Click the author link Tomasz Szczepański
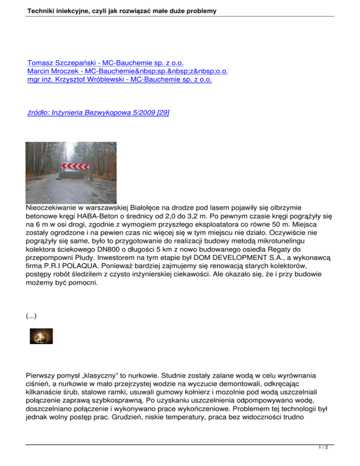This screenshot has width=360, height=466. coord(105,63)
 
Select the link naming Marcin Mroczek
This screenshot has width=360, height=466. coord(131,71)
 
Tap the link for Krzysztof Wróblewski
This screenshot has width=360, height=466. coord(120,80)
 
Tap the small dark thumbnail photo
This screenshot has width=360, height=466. coord(41,336)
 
